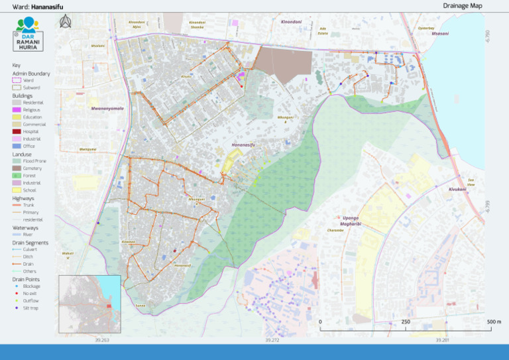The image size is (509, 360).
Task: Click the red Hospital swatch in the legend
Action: pyautogui.click(x=17, y=131)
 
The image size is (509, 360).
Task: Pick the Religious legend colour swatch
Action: pyautogui.click(x=17, y=110)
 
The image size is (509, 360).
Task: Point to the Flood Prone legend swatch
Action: pyautogui.click(x=17, y=161)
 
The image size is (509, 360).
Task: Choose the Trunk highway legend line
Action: pyautogui.click(x=17, y=205)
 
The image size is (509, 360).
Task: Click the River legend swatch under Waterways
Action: pyautogui.click(x=17, y=234)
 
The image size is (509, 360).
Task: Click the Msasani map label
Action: pyautogui.click(x=440, y=33)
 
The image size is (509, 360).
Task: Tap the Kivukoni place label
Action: pyautogui.click(x=457, y=189)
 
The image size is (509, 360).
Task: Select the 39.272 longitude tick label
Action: pyautogui.click(x=272, y=340)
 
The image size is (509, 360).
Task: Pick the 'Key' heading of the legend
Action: pyautogui.click(x=17, y=65)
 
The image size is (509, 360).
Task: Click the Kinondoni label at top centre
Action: pyautogui.click(x=292, y=22)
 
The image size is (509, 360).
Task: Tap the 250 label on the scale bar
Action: pyautogui.click(x=405, y=322)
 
